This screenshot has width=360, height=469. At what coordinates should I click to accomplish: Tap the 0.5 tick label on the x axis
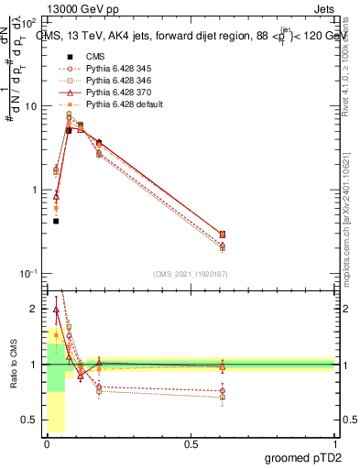pyautogui.click(x=190, y=444)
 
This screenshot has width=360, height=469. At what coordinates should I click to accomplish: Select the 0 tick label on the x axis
pyautogui.click(x=46, y=444)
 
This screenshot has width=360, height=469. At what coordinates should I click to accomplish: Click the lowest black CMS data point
pyautogui.click(x=56, y=221)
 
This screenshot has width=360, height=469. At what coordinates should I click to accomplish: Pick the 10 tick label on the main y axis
pyautogui.click(x=29, y=106)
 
